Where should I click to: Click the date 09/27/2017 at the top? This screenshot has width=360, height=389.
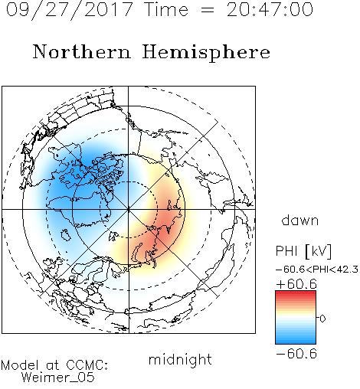69,9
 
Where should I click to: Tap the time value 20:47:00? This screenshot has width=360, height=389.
270,9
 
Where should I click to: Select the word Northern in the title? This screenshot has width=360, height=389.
82,51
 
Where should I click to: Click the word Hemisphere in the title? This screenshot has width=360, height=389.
206,53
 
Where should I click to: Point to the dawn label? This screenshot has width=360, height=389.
300,220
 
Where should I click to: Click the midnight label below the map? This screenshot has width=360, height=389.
180,359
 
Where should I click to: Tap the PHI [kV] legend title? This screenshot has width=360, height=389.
303,251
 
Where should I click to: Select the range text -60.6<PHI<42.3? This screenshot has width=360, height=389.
317,270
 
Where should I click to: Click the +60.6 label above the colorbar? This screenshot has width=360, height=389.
296,284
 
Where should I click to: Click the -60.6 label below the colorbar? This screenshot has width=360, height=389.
296,354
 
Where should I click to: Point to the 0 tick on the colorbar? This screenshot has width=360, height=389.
322,319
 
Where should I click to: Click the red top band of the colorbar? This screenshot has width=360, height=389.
296,293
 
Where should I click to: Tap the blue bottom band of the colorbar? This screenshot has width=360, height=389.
296,342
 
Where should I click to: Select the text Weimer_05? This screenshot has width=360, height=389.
58,378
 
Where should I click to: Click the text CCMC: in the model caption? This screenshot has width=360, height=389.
87,365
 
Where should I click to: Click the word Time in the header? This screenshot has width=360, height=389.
166,10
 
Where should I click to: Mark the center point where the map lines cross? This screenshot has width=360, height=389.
129,210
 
